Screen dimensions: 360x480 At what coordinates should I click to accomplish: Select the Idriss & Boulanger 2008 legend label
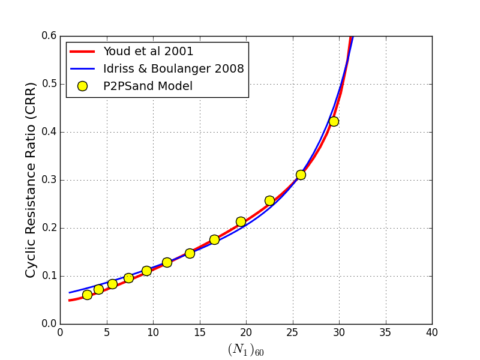pyautogui.click(x=173, y=68)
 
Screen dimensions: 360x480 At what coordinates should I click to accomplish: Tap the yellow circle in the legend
pyautogui.click(x=82, y=86)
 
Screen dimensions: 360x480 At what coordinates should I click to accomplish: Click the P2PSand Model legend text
pyautogui.click(x=148, y=86)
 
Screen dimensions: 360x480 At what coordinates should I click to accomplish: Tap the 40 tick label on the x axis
pyautogui.click(x=432, y=332)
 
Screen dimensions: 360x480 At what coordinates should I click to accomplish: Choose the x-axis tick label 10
pyautogui.click(x=153, y=332)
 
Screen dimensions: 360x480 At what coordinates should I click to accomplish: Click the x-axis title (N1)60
pyautogui.click(x=245, y=349)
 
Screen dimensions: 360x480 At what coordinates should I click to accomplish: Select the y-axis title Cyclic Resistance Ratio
pyautogui.click(x=31, y=179)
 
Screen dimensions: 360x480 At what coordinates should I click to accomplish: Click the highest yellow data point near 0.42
pyautogui.click(x=334, y=121)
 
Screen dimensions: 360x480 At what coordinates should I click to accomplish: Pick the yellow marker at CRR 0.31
pyautogui.click(x=301, y=175)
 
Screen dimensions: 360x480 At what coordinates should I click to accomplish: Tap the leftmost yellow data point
pyautogui.click(x=87, y=295)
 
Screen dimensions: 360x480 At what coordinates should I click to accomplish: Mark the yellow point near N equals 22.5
pyautogui.click(x=269, y=200)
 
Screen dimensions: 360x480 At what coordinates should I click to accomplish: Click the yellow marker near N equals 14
pyautogui.click(x=190, y=253)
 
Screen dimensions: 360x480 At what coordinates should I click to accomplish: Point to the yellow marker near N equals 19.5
pyautogui.click(x=241, y=221)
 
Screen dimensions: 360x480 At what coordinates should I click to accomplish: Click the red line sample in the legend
pyautogui.click(x=82, y=51)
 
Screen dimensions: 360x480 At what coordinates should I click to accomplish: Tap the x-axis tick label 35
pyautogui.click(x=386, y=332)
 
